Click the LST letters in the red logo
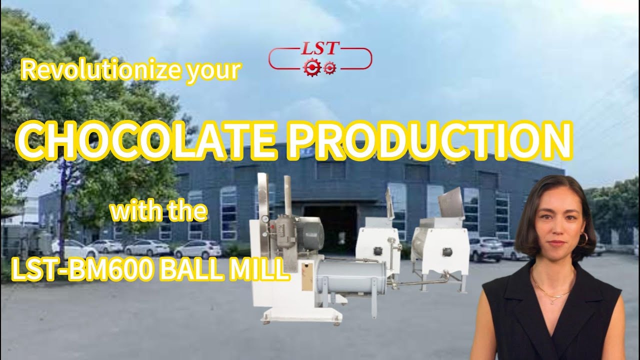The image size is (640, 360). (x=320, y=49)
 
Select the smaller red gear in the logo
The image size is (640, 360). (x=329, y=67)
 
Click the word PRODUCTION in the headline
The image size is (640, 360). (x=430, y=140)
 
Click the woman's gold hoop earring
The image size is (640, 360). (x=582, y=239)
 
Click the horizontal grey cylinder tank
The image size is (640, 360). (x=350, y=277)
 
